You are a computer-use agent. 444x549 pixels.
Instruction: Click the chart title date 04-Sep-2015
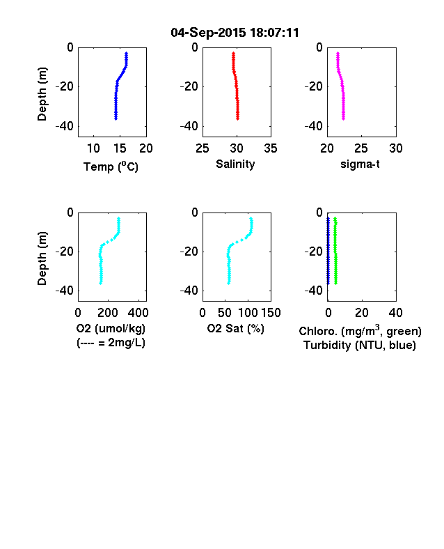208,33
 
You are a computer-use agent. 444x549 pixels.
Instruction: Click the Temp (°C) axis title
111,167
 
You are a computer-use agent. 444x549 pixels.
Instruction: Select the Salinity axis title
235,164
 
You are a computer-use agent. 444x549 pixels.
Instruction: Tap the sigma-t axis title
360,164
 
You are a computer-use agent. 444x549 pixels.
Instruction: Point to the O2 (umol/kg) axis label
111,328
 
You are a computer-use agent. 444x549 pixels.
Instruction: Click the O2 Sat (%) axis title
235,328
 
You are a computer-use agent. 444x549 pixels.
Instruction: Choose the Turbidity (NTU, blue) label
360,346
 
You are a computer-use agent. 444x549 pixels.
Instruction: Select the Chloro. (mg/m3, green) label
360,331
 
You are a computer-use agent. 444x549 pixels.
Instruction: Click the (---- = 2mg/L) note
111,342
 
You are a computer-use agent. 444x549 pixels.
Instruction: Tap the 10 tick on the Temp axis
93,148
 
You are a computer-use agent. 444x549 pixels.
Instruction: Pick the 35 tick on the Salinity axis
271,148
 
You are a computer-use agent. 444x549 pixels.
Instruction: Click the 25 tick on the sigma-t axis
360,148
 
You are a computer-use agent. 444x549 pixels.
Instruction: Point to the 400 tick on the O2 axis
138,313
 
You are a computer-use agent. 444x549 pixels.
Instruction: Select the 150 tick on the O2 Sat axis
271,313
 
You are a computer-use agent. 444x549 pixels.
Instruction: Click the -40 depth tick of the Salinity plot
189,125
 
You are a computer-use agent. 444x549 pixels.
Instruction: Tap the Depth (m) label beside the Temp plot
42,94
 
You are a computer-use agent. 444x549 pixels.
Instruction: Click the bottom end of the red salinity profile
238,119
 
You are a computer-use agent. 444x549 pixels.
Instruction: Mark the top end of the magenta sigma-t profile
338,53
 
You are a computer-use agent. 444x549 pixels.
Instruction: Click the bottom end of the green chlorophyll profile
336,283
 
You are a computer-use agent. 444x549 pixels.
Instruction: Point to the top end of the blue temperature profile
127,53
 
